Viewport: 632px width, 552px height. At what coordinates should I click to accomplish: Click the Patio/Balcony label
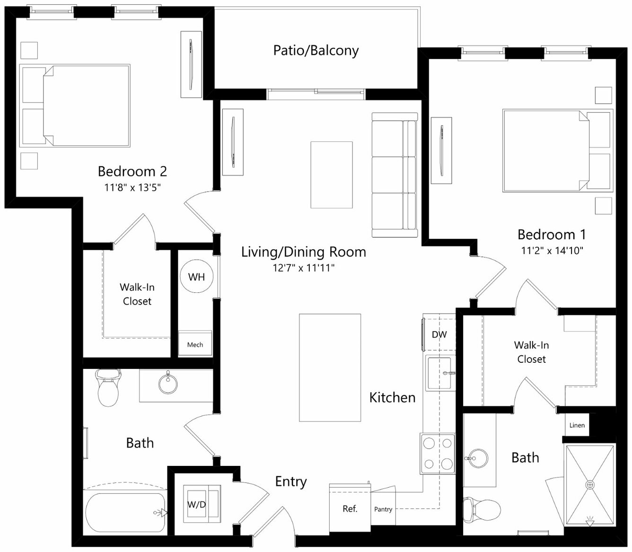(x=316, y=51)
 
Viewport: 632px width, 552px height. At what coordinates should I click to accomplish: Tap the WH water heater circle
(x=197, y=276)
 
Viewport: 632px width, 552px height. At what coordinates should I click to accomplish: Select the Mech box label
(x=195, y=344)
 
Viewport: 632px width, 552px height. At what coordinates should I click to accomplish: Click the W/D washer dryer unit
(x=202, y=504)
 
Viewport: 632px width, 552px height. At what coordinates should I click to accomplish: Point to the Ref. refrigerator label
(x=350, y=508)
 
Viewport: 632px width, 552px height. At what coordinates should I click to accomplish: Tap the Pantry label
(x=383, y=509)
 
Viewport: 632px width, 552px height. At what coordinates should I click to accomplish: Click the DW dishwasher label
(x=439, y=334)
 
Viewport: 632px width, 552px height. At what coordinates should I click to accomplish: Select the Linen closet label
(x=577, y=425)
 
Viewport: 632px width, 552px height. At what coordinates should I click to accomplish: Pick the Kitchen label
(x=392, y=397)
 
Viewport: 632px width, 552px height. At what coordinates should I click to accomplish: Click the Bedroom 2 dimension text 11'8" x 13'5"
(x=132, y=187)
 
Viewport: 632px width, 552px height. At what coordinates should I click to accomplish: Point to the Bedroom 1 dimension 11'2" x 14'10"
(x=552, y=251)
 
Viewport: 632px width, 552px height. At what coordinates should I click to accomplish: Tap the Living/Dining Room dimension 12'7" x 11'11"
(x=303, y=268)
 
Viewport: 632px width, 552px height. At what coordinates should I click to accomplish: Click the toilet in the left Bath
(x=108, y=388)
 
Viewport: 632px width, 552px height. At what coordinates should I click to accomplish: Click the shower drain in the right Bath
(x=590, y=484)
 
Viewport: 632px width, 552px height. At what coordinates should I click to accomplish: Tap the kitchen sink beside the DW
(x=439, y=373)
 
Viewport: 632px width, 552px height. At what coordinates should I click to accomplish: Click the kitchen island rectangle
(x=330, y=368)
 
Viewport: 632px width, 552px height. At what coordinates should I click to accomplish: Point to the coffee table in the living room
(x=332, y=175)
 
